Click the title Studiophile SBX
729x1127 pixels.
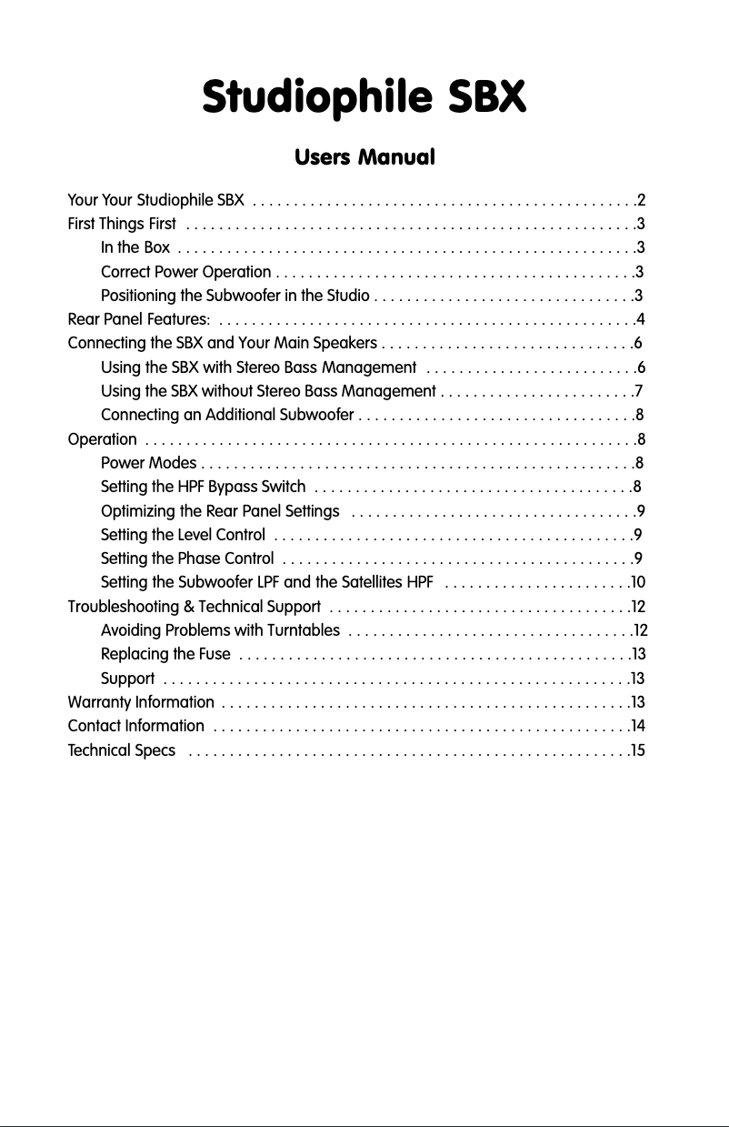(x=364, y=97)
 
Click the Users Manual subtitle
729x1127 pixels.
(x=364, y=157)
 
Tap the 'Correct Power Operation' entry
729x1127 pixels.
(x=185, y=272)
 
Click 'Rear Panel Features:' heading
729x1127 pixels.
(x=139, y=319)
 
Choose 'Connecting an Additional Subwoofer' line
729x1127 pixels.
(x=227, y=415)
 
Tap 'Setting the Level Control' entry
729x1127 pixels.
(x=184, y=534)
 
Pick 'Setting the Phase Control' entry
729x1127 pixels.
(x=187, y=558)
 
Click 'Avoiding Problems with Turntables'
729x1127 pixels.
(x=221, y=629)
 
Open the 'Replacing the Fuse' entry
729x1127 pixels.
(x=165, y=653)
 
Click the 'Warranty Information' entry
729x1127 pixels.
(x=141, y=702)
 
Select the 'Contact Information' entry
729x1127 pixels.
(x=136, y=726)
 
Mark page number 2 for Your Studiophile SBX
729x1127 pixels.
(x=642, y=200)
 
